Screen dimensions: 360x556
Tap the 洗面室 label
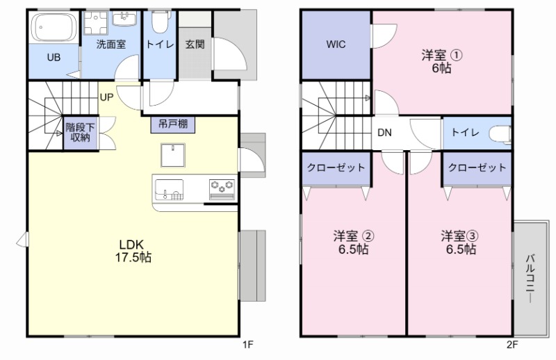pyautogui.click(x=111, y=44)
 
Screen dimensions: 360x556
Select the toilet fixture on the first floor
pyautogui.click(x=159, y=23)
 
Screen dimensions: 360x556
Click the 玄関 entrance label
pyautogui.click(x=195, y=44)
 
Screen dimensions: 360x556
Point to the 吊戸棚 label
pyautogui.click(x=172, y=125)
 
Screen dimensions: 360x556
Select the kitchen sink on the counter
pyautogui.click(x=168, y=188)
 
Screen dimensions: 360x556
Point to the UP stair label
pyautogui.click(x=106, y=97)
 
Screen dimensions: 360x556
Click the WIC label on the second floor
pyautogui.click(x=336, y=44)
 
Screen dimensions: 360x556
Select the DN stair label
pyautogui.click(x=384, y=132)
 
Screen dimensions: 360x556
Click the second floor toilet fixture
pyautogui.click(x=500, y=132)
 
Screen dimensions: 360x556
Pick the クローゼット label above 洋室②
pyautogui.click(x=336, y=168)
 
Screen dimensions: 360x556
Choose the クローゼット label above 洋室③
pyautogui.click(x=477, y=168)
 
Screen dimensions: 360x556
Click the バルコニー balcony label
pyautogui.click(x=530, y=278)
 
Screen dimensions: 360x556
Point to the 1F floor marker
pyautogui.click(x=247, y=343)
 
